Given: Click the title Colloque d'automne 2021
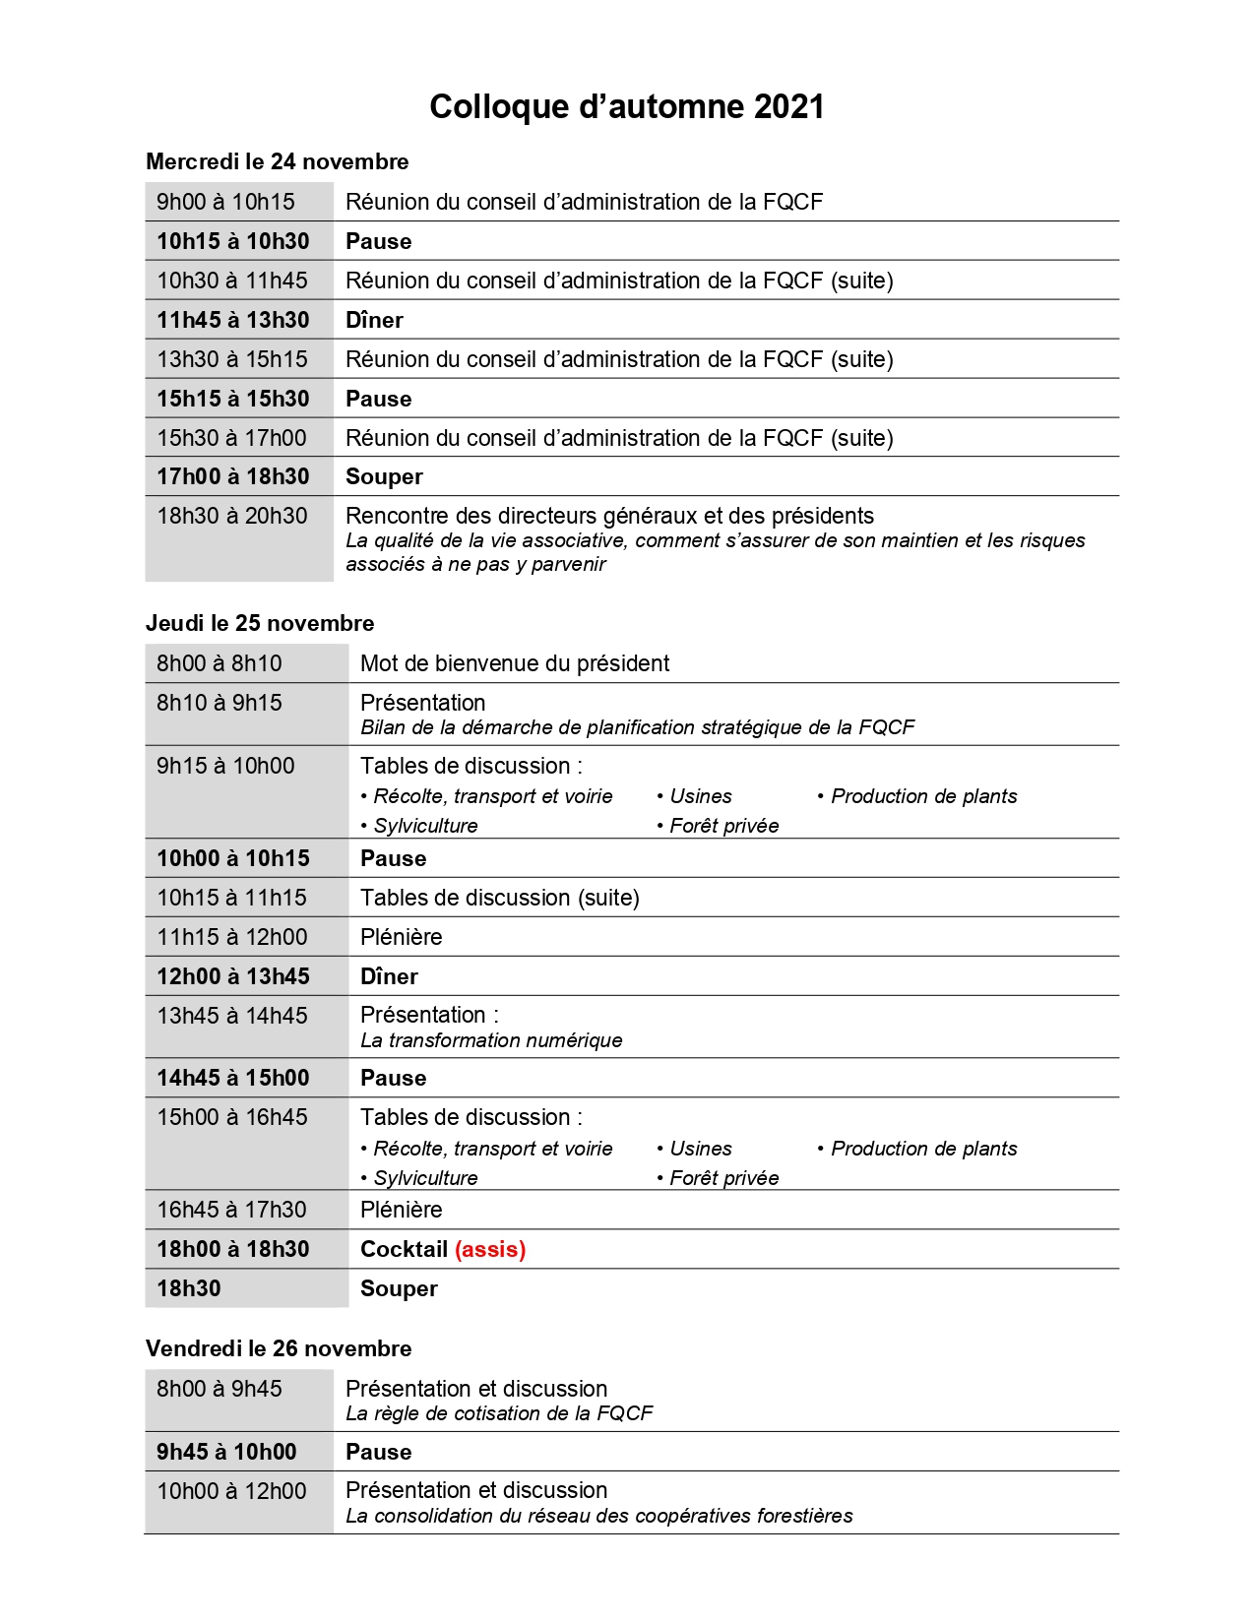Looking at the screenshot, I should [626, 106].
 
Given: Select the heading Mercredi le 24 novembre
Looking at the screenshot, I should [277, 161].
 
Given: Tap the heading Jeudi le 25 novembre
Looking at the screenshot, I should [260, 623].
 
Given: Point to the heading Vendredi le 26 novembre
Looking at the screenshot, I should [279, 1348].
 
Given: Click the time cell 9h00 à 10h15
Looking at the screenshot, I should [225, 202].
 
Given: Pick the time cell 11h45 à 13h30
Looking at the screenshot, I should [232, 320].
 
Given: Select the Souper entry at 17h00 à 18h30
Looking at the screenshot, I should [384, 477].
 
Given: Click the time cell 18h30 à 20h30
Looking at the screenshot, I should [231, 516].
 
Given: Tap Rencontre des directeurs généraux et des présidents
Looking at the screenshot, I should [609, 516].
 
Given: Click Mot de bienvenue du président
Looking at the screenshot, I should [515, 663].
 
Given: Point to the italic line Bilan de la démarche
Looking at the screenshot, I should [637, 727].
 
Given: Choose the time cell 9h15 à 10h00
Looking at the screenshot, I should [225, 766].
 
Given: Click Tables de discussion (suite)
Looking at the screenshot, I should [499, 898].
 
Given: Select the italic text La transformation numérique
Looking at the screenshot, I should [491, 1040].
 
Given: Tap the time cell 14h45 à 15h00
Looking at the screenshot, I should [232, 1078].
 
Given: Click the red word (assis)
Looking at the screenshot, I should [490, 1249].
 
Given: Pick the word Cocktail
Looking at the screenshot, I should [404, 1249].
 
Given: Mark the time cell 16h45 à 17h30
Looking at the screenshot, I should [231, 1210].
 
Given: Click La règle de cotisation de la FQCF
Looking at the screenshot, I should [499, 1413].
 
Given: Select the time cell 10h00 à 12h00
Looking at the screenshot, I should [231, 1491].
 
